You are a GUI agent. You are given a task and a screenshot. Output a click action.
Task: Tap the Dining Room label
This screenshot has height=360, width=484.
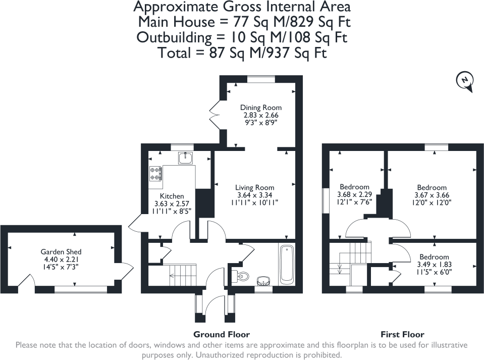tap(260, 108)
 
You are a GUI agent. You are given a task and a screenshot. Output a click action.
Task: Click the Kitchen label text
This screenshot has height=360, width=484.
tap(172, 196)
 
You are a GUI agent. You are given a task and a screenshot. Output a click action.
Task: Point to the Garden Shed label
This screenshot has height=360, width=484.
tap(61, 251)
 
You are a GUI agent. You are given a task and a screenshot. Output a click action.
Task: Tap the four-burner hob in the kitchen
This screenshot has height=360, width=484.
tap(155, 174)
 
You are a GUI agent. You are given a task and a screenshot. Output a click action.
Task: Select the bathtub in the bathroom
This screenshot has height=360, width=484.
tap(286, 264)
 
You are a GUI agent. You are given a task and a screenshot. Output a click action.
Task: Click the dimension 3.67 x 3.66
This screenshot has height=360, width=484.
tap(432, 195)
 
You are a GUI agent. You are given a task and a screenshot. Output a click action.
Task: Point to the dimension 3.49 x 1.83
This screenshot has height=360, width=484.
tap(434, 264)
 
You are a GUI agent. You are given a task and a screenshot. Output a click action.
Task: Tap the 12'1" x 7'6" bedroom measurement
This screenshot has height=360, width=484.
tap(354, 202)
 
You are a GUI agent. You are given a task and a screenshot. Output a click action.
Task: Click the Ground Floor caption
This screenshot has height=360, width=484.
tap(222, 334)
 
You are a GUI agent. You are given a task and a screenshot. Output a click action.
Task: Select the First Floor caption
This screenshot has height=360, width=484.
tap(402, 334)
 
